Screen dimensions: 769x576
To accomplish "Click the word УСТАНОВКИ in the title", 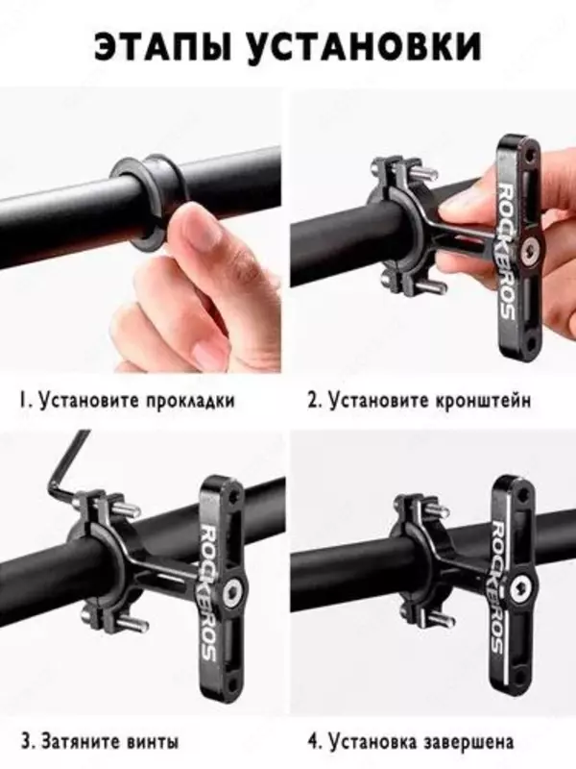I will click(371, 45).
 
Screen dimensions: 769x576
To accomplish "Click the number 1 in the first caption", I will click(21, 399).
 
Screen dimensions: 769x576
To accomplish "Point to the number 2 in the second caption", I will click(312, 399).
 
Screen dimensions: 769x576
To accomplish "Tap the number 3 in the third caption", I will click(21, 742).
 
